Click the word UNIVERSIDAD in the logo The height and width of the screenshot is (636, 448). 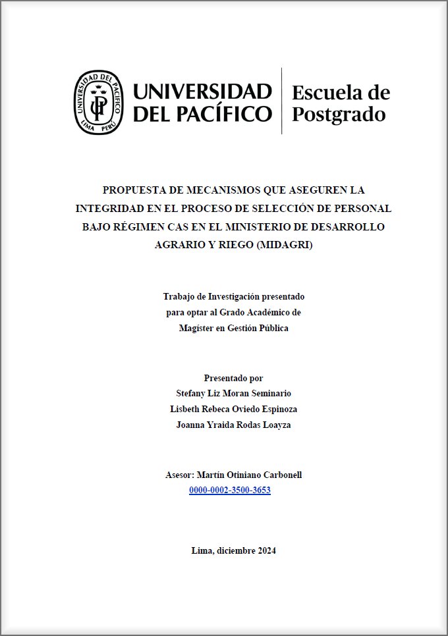pyautogui.click(x=203, y=92)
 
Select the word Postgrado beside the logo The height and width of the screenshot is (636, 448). pyautogui.click(x=338, y=114)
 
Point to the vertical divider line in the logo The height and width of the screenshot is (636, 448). pyautogui.click(x=282, y=101)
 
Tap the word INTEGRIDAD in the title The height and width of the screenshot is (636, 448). pyautogui.click(x=112, y=209)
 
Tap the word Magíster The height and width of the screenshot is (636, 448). pyautogui.click(x=196, y=328)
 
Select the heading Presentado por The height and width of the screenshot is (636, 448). pyautogui.click(x=233, y=378)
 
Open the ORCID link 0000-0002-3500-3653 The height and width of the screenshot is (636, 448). pyautogui.click(x=229, y=490)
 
